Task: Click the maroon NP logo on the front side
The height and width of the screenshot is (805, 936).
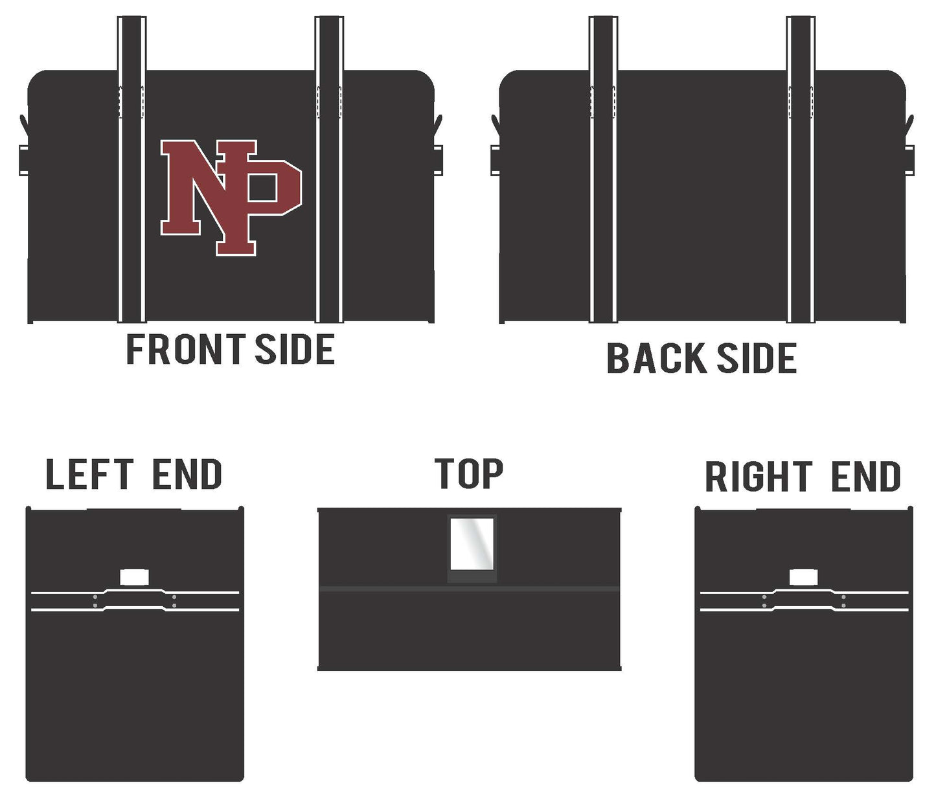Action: [231, 198]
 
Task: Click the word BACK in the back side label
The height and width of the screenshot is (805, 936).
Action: [656, 358]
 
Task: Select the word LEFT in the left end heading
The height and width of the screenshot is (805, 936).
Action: [89, 474]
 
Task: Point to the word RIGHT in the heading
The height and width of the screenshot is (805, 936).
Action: [759, 477]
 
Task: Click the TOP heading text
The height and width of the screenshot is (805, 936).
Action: [469, 473]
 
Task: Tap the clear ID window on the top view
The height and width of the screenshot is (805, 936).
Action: [472, 544]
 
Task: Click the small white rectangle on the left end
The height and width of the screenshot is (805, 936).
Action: [135, 577]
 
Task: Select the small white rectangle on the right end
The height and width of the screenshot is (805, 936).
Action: [804, 577]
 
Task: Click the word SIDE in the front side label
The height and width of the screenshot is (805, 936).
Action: [295, 349]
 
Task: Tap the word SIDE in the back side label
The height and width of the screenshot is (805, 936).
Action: [757, 358]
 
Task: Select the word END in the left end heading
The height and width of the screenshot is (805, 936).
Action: [187, 474]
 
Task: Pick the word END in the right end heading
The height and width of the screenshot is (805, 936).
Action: [866, 477]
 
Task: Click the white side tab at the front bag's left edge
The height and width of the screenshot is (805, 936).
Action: [23, 160]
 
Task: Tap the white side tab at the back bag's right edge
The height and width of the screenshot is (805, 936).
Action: [909, 160]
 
